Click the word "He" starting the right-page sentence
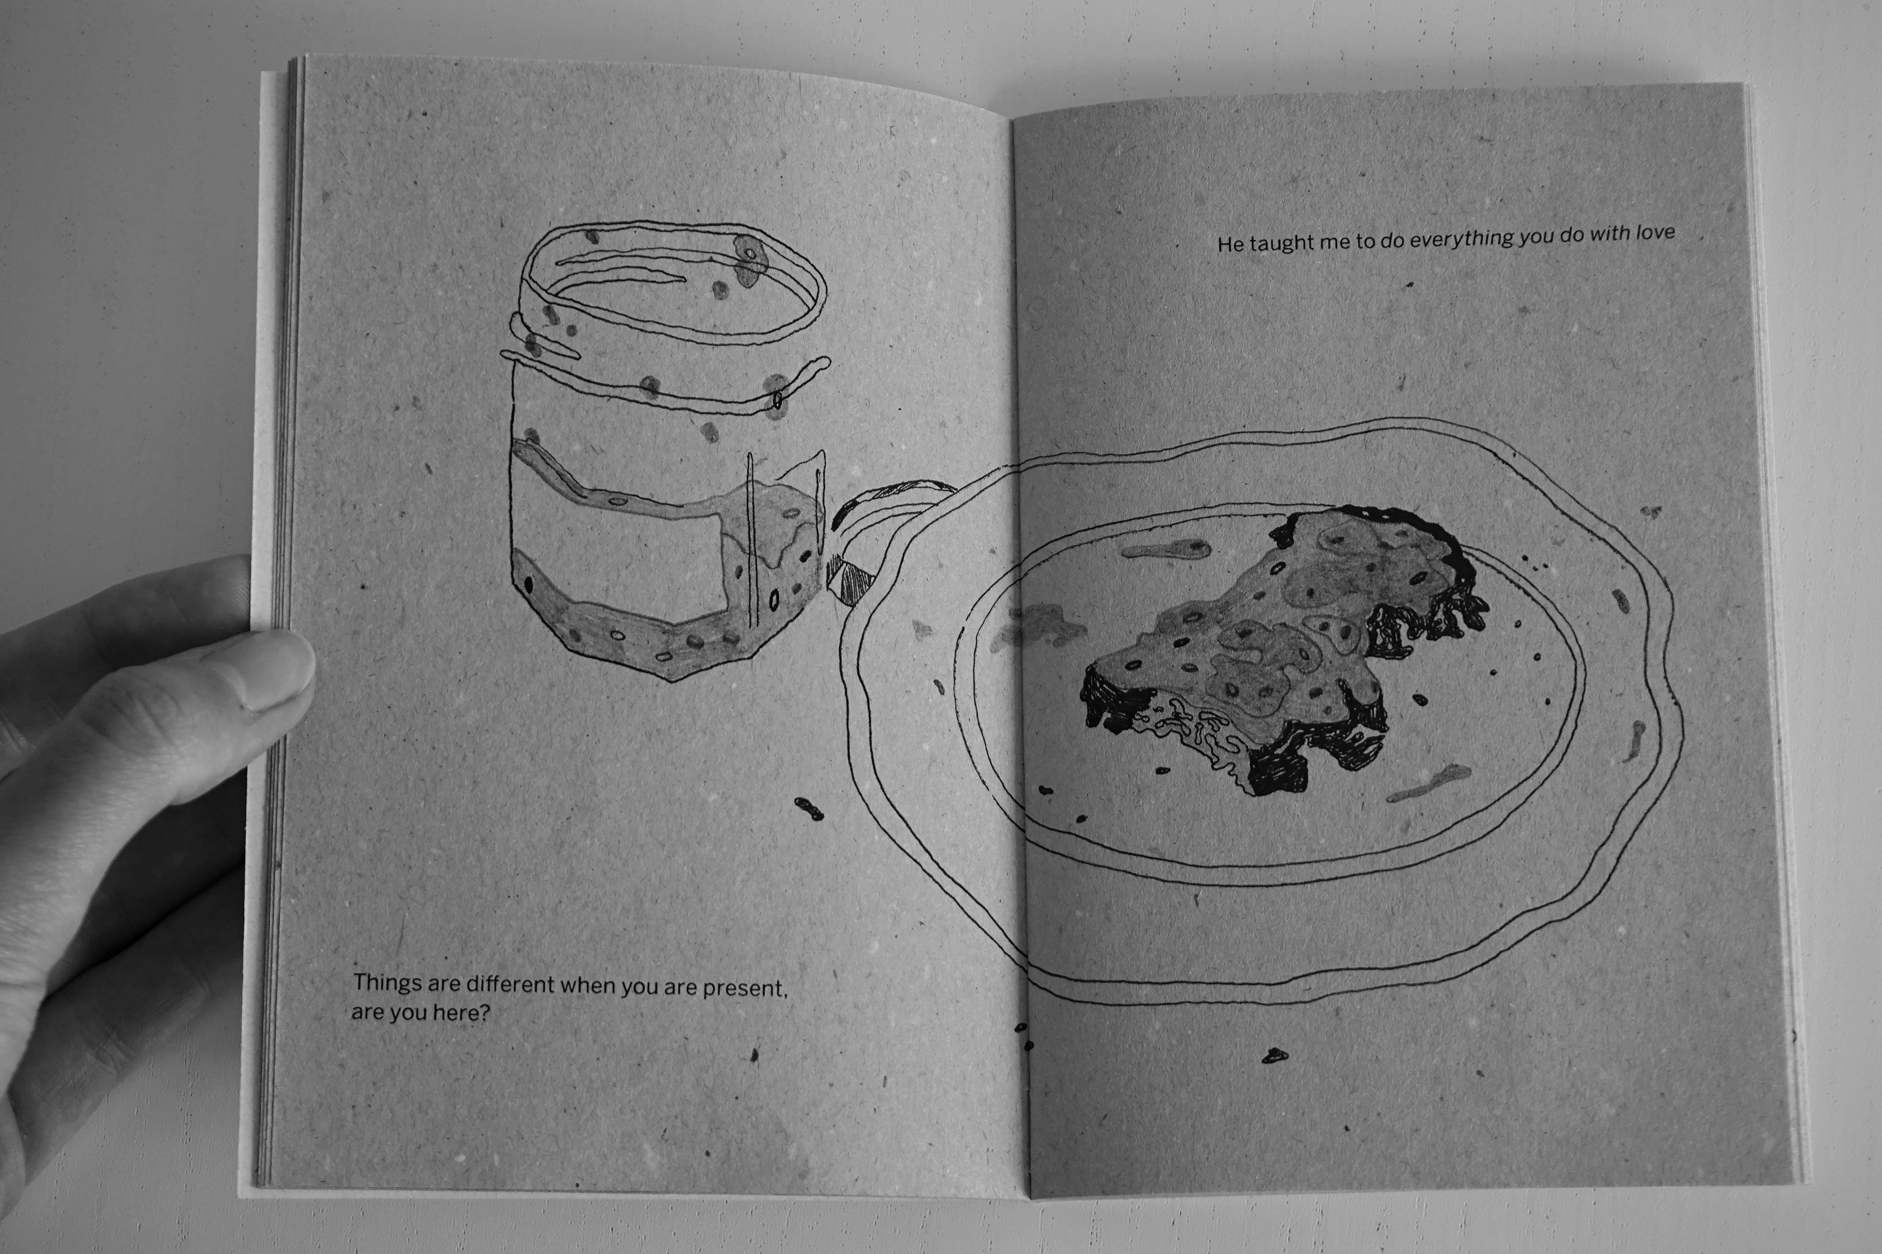coord(1230,244)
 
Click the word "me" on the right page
coord(1334,242)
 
